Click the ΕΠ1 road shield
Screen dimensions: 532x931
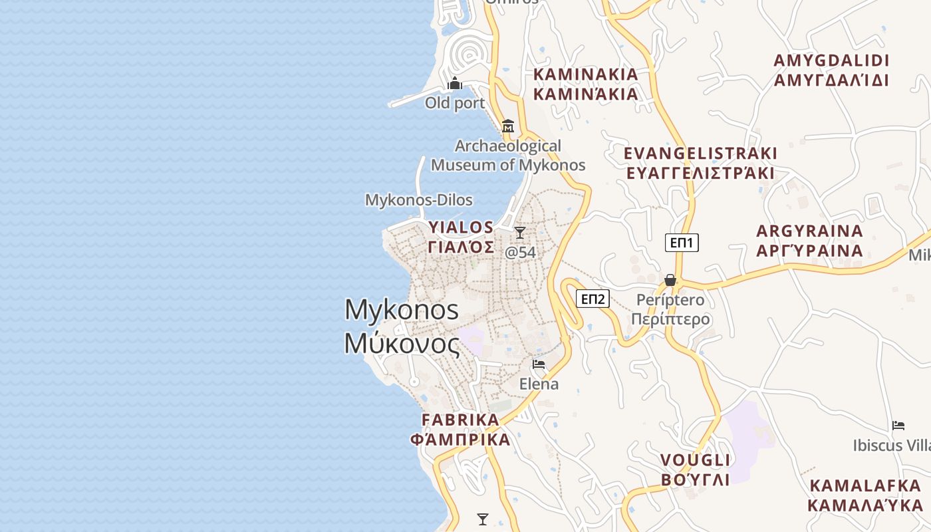[682, 243]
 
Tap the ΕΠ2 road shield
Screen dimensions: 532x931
[593, 299]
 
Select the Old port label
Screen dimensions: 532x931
[455, 103]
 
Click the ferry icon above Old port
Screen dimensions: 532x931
[455, 83]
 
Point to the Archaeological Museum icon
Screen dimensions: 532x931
[508, 126]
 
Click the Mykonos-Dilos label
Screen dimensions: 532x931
[419, 199]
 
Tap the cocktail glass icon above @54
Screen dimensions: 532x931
[520, 233]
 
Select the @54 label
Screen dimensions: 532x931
[520, 253]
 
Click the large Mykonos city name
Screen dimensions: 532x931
[402, 310]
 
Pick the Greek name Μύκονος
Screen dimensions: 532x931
[402, 343]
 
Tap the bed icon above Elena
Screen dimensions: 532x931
[539, 364]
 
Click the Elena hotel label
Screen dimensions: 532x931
[539, 384]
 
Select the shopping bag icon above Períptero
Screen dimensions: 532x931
[670, 280]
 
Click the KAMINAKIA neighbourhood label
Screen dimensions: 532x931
[586, 74]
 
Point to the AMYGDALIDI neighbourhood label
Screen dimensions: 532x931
[831, 61]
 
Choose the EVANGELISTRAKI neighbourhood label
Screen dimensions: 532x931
[700, 154]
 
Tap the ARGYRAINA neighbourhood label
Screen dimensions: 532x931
[810, 231]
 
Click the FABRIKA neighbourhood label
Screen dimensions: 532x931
[460, 420]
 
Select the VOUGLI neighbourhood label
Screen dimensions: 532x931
[696, 460]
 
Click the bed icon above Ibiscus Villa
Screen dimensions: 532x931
[898, 426]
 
